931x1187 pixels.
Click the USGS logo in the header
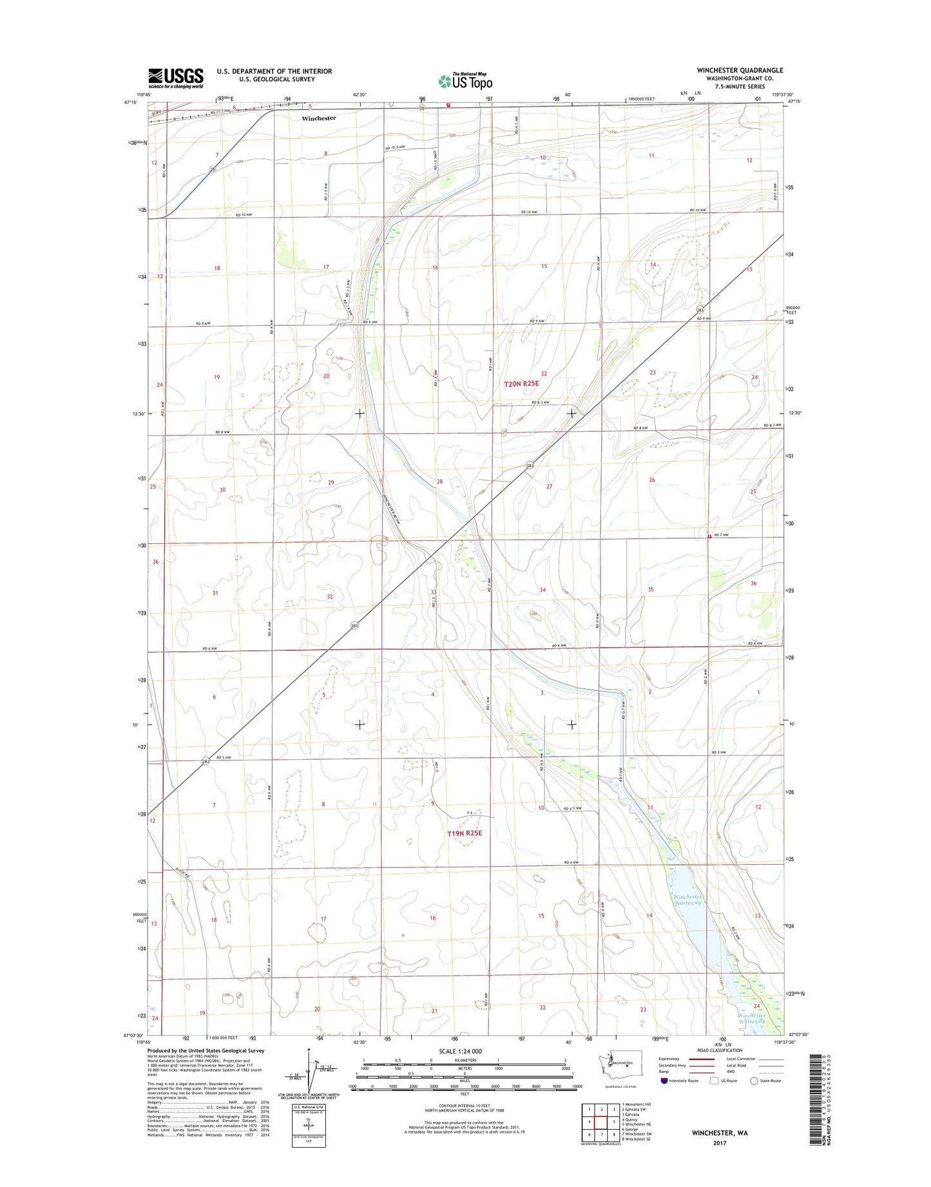(175, 78)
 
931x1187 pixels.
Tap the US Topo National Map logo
(465, 81)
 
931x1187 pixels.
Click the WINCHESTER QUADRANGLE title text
(739, 70)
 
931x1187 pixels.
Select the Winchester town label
(319, 119)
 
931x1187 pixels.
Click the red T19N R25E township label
(465, 833)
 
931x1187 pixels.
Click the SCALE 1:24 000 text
(459, 1051)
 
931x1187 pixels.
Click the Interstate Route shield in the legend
(664, 1081)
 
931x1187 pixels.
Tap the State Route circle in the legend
(754, 1081)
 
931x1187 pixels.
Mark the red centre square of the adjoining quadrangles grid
(601, 1121)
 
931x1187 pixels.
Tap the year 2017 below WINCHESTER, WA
(719, 1143)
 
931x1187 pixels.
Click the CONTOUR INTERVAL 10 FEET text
(464, 1110)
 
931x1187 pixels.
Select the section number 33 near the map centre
(434, 592)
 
